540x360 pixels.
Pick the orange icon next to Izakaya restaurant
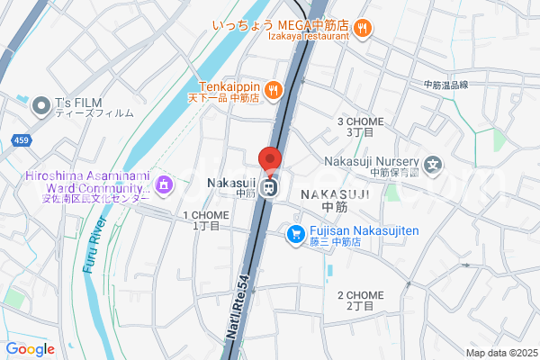(362, 30)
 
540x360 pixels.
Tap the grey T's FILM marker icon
(40, 107)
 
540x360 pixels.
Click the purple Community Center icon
(164, 185)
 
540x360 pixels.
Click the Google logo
(31, 349)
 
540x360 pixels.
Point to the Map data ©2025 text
(499, 352)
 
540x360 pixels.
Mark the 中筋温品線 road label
(446, 85)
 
